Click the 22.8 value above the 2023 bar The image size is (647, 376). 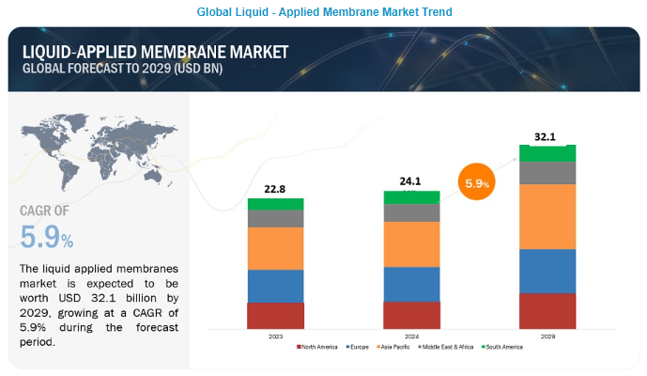pyautogui.click(x=275, y=188)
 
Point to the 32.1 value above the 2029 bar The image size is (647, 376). pyautogui.click(x=547, y=135)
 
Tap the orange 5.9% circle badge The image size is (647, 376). pyautogui.click(x=476, y=184)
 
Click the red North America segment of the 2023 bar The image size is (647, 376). pyautogui.click(x=275, y=315)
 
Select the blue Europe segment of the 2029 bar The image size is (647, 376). pyautogui.click(x=547, y=271)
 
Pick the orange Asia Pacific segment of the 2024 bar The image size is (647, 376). pyautogui.click(x=411, y=243)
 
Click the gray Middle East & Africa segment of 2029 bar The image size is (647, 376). pyautogui.click(x=547, y=172)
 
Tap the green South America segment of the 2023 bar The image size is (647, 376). pyautogui.click(x=275, y=203)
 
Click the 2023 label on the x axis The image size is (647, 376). pyautogui.click(x=275, y=335)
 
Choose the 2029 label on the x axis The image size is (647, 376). pyautogui.click(x=547, y=335)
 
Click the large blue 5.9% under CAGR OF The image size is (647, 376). pyautogui.click(x=45, y=238)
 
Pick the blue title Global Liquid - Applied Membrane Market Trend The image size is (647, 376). pyautogui.click(x=324, y=12)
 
